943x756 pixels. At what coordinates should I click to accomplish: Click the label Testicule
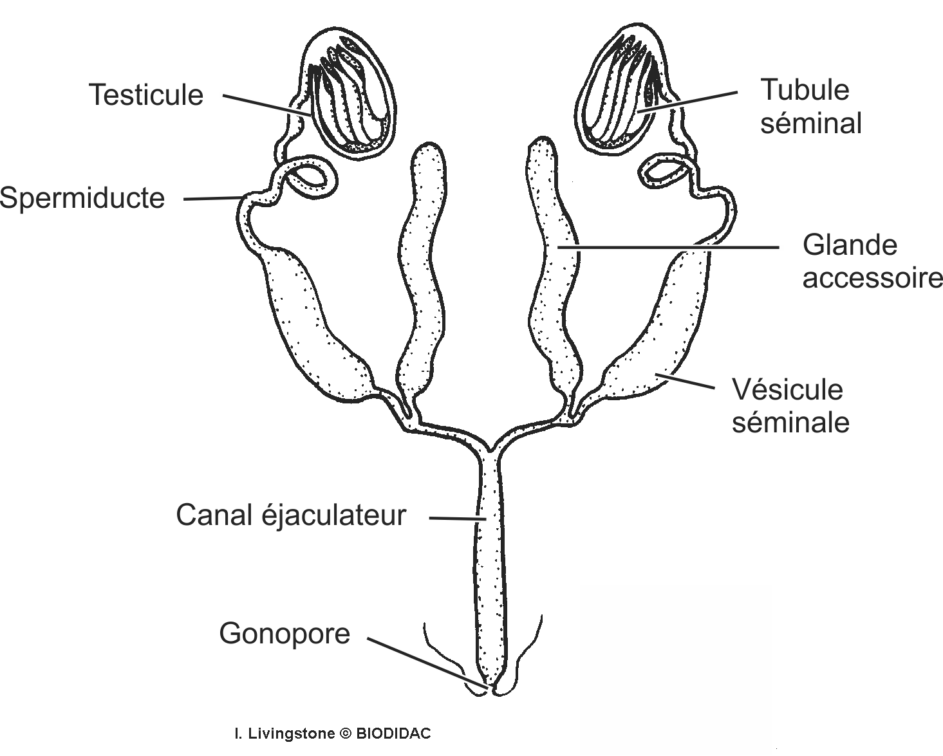pyautogui.click(x=146, y=95)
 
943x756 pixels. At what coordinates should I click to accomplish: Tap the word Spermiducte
pyautogui.click(x=82, y=198)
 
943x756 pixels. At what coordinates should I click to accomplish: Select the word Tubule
pyautogui.click(x=805, y=90)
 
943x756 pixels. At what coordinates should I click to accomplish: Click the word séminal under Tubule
pyautogui.click(x=810, y=123)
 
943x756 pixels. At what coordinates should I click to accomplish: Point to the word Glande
pyautogui.click(x=850, y=245)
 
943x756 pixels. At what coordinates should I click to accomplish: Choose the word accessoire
pyautogui.click(x=872, y=278)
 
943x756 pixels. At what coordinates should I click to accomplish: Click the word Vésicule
pyautogui.click(x=787, y=390)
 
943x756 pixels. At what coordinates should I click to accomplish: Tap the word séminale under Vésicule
pyautogui.click(x=790, y=423)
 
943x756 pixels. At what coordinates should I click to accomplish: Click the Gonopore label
pyautogui.click(x=285, y=634)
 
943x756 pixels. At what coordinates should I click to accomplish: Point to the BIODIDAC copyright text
pyautogui.click(x=332, y=733)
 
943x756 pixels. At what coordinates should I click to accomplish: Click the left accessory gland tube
pyautogui.click(x=422, y=270)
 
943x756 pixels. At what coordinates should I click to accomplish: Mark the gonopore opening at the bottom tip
pyautogui.click(x=492, y=690)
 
